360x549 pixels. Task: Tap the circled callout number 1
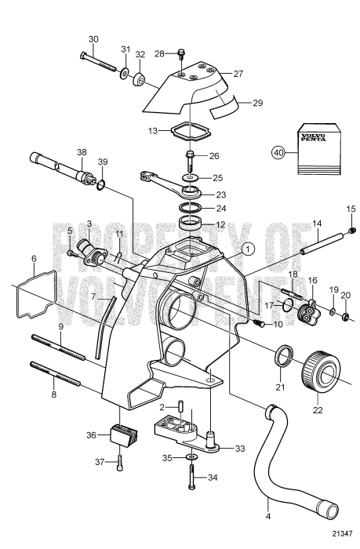click(248, 250)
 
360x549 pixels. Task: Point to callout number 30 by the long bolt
click(93, 38)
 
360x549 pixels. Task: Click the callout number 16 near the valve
click(312, 279)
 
